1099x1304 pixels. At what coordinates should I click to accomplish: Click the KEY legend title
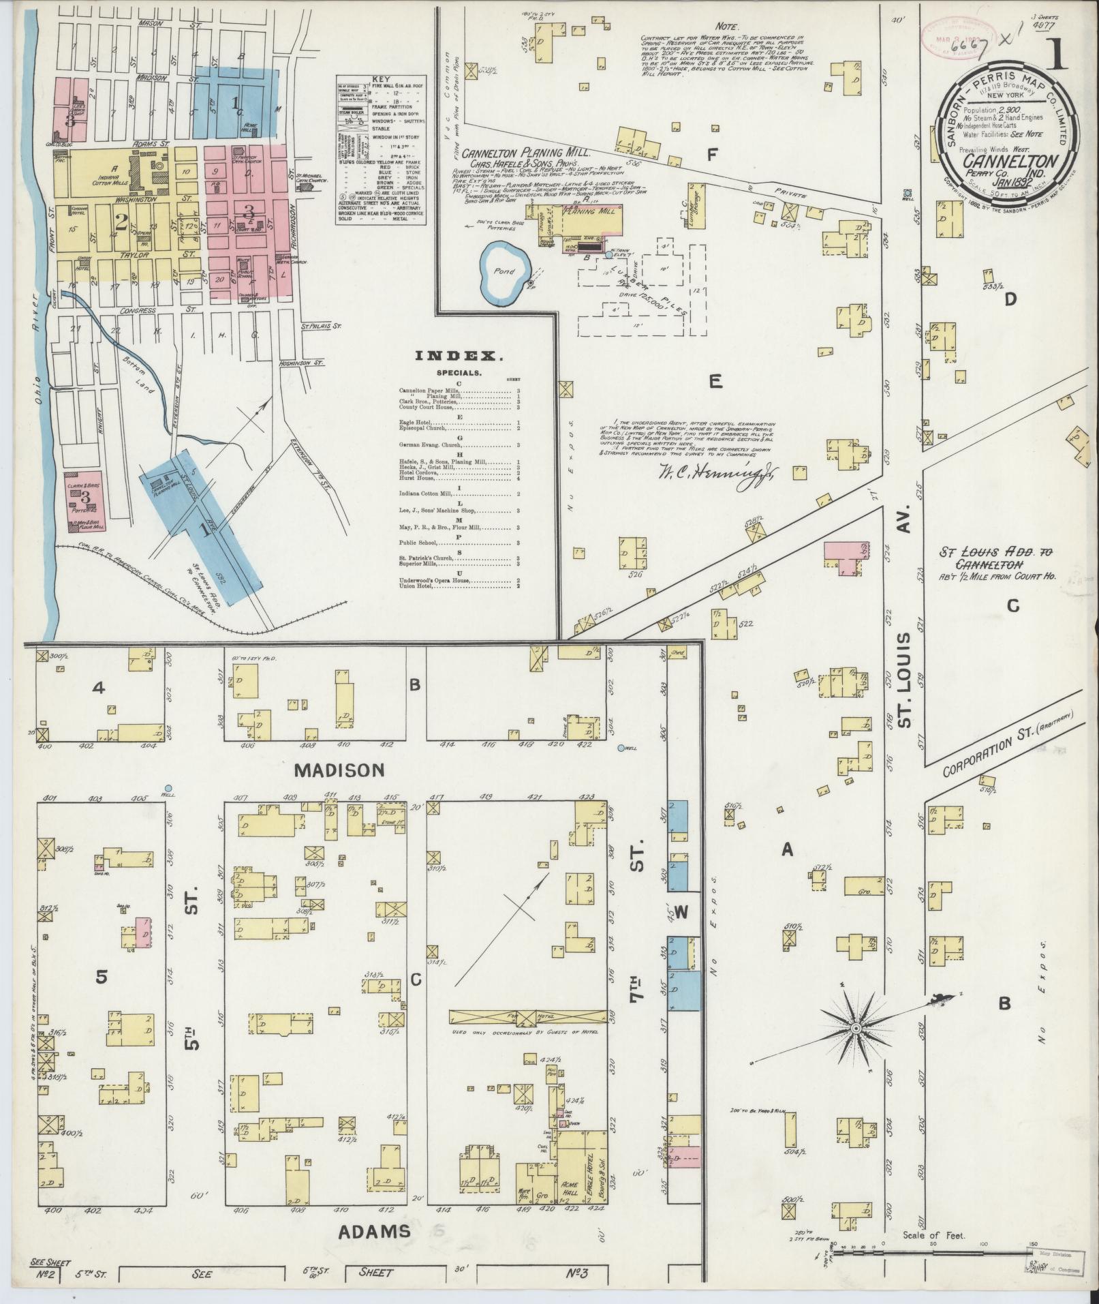tap(380, 80)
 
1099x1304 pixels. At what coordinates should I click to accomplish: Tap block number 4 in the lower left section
tap(99, 689)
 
